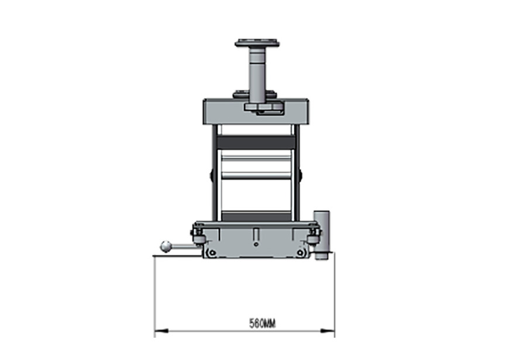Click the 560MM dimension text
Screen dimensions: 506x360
(262, 323)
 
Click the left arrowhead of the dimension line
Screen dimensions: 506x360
(161, 331)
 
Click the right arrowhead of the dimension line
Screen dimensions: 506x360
(327, 331)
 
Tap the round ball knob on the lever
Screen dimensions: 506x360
(166, 247)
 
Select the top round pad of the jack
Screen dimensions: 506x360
(257, 43)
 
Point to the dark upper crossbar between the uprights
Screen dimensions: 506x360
(256, 142)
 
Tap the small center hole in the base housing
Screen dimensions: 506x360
(256, 245)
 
